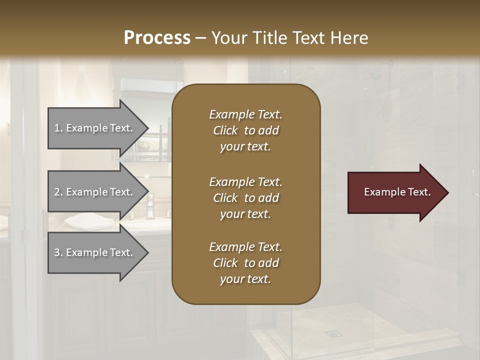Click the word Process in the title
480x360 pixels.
pos(157,37)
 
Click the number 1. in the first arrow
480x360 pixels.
pos(58,128)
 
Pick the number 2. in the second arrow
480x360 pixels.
pos(58,192)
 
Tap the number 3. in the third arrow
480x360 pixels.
pos(58,252)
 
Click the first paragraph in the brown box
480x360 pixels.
pos(245,130)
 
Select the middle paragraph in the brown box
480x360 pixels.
pos(245,198)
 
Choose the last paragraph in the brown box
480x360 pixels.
pos(245,263)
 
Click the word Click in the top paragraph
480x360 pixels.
pos(225,130)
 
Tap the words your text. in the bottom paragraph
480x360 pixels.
pos(245,279)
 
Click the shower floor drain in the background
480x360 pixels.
pos(330,332)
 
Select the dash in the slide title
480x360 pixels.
pos(200,38)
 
